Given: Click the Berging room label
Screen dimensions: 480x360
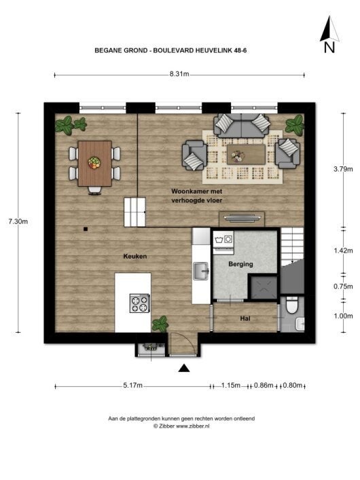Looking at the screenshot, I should tap(240, 264).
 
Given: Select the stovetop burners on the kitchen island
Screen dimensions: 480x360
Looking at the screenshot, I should tap(139, 303).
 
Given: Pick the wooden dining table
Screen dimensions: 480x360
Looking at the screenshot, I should tap(94, 163).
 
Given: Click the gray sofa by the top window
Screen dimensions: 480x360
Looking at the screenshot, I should tap(241, 126).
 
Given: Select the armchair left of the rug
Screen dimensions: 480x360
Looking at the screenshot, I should tap(194, 155).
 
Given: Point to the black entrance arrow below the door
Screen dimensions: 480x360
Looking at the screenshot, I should tap(184, 368).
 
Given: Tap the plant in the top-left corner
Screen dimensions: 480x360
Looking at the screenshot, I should tap(70, 125).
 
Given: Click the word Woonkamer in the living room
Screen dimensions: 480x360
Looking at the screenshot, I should tap(187, 193).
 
